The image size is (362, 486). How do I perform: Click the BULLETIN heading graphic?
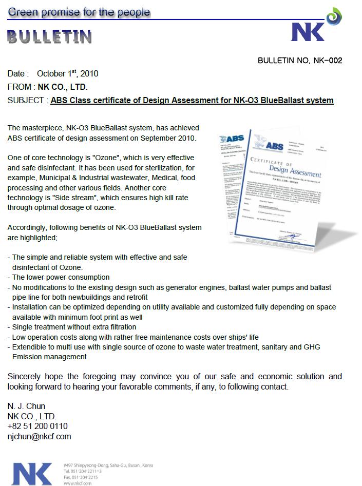click(50, 36)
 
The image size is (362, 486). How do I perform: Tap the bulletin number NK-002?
click(300, 61)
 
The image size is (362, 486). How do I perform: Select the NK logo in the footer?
click(32, 473)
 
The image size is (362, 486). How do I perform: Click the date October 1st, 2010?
click(67, 73)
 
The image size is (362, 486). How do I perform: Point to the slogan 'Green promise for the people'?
click(79, 12)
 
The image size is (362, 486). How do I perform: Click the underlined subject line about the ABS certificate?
click(192, 100)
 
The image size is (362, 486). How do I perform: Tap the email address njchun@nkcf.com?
click(40, 437)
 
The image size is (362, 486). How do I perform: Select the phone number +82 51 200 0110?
click(37, 426)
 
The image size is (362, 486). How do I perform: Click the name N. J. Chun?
click(27, 406)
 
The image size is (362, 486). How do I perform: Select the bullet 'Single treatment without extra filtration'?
click(74, 327)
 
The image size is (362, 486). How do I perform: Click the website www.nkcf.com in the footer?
click(78, 483)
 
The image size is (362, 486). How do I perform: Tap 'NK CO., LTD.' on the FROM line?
click(63, 87)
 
